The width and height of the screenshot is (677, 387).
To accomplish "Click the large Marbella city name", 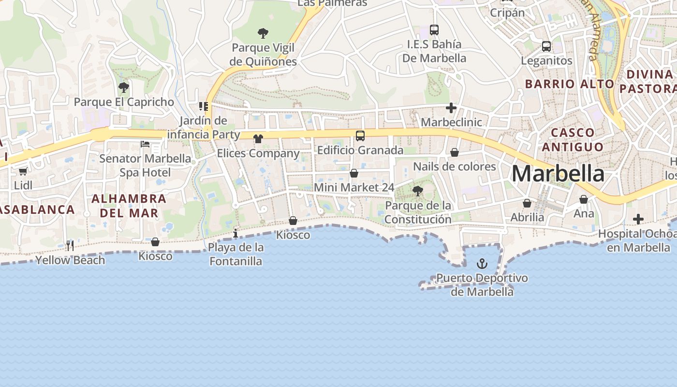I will pos(558,174).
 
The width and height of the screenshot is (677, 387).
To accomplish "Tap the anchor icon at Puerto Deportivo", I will pos(482,264).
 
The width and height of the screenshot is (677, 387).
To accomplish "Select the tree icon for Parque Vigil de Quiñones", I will pos(263,33).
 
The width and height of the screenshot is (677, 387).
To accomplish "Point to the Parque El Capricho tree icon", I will pos(124,88).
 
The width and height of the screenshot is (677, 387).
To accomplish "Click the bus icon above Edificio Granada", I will pos(360,136).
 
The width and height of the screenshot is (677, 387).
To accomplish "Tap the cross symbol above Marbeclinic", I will pos(451,108).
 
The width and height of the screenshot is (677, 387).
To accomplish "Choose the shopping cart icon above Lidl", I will pos(23,171).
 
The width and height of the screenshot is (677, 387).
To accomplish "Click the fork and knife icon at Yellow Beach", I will pos(70,246).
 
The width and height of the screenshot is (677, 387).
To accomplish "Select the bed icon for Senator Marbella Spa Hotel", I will pos(145,144).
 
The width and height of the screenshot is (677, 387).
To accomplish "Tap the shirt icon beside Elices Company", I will pos(258,139).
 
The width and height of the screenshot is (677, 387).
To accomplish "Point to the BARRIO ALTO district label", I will pos(569,84).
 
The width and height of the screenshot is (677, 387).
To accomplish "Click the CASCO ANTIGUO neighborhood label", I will pos(573,139).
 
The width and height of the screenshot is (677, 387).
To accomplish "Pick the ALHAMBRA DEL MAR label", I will pos(129,206).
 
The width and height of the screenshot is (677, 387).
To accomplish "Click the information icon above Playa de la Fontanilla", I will pos(235,234).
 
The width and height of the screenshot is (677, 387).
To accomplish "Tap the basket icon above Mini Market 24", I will pos(354,173).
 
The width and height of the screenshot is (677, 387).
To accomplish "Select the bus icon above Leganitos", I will pos(546,46).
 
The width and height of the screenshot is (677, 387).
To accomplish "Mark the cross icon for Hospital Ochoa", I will pos(638,220).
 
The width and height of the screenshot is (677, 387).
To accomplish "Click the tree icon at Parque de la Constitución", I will pos(418,191).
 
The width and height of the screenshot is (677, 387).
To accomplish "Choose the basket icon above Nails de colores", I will pos(455,152).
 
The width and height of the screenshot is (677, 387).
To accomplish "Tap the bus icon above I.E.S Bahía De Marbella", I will pos(434,30).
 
